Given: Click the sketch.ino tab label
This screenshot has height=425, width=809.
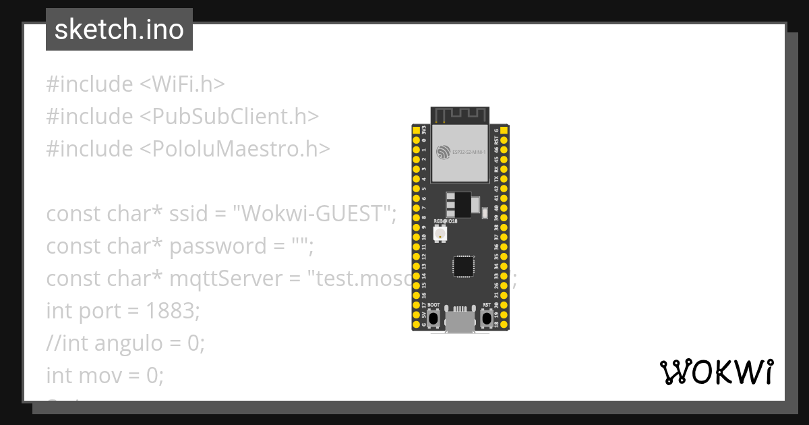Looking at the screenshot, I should (119, 30).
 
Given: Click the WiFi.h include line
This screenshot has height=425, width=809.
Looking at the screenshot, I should (135, 84).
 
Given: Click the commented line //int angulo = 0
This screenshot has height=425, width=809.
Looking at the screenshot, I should (125, 343).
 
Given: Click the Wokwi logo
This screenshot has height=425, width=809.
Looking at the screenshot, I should (715, 372).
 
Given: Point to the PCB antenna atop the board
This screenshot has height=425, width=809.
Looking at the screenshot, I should (460, 115).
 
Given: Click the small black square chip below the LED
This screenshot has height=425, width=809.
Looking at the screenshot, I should (463, 265).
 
